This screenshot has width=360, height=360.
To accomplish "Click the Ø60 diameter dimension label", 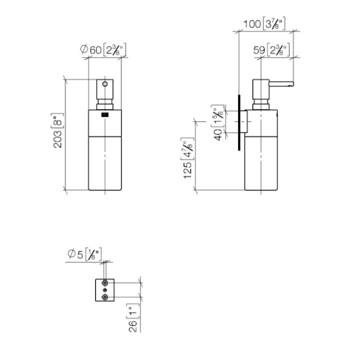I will point(102,49).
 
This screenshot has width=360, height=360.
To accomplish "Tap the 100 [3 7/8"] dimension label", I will point(264,23).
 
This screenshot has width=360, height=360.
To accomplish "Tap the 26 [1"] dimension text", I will point(133,316).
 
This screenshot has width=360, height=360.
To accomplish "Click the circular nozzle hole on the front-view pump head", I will point(105,83).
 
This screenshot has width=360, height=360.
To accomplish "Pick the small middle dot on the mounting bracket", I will point(105,290).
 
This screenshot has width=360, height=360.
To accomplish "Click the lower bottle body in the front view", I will point(105,162).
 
